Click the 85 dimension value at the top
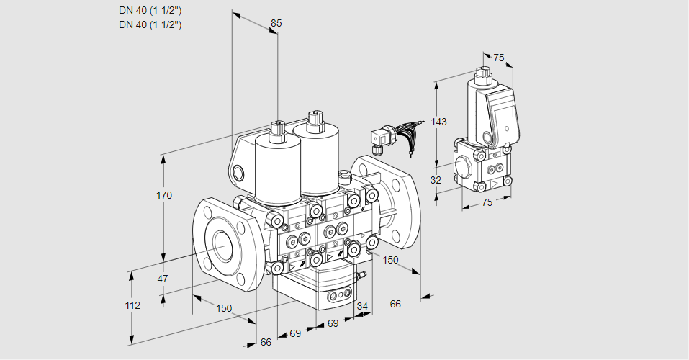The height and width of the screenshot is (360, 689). point(275,23)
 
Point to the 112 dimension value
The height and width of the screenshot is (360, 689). point(132,305)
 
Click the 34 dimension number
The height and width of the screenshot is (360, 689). point(361,307)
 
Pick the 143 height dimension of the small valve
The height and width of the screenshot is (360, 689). point(438,122)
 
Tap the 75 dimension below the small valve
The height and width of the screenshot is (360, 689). point(487,202)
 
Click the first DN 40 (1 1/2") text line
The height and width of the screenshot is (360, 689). point(150,10)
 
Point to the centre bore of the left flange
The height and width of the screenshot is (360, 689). point(220,247)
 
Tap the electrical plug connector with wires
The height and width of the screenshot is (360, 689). point(380,136)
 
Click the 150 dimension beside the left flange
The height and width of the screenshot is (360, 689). point(224,308)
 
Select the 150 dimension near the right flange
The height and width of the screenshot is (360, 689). point(389,260)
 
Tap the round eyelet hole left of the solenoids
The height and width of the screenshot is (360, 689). point(238,172)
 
